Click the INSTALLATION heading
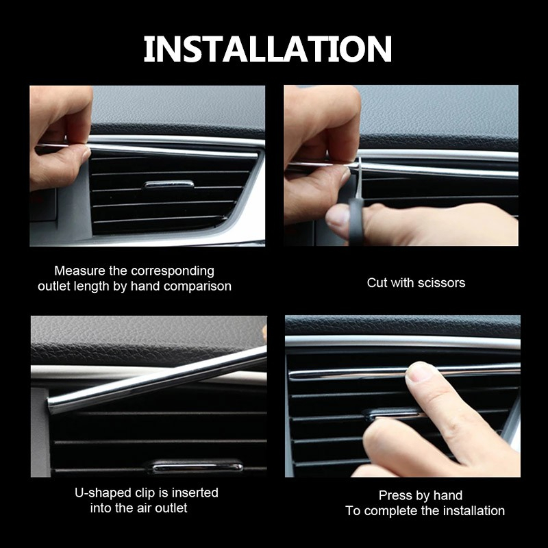268,49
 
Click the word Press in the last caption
393,495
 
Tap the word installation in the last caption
474,511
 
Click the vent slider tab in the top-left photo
168,185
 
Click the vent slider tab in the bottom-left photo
195,466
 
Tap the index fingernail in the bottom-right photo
419,371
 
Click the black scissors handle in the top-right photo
356,221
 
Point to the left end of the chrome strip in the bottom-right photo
290,375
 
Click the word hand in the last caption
449,495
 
